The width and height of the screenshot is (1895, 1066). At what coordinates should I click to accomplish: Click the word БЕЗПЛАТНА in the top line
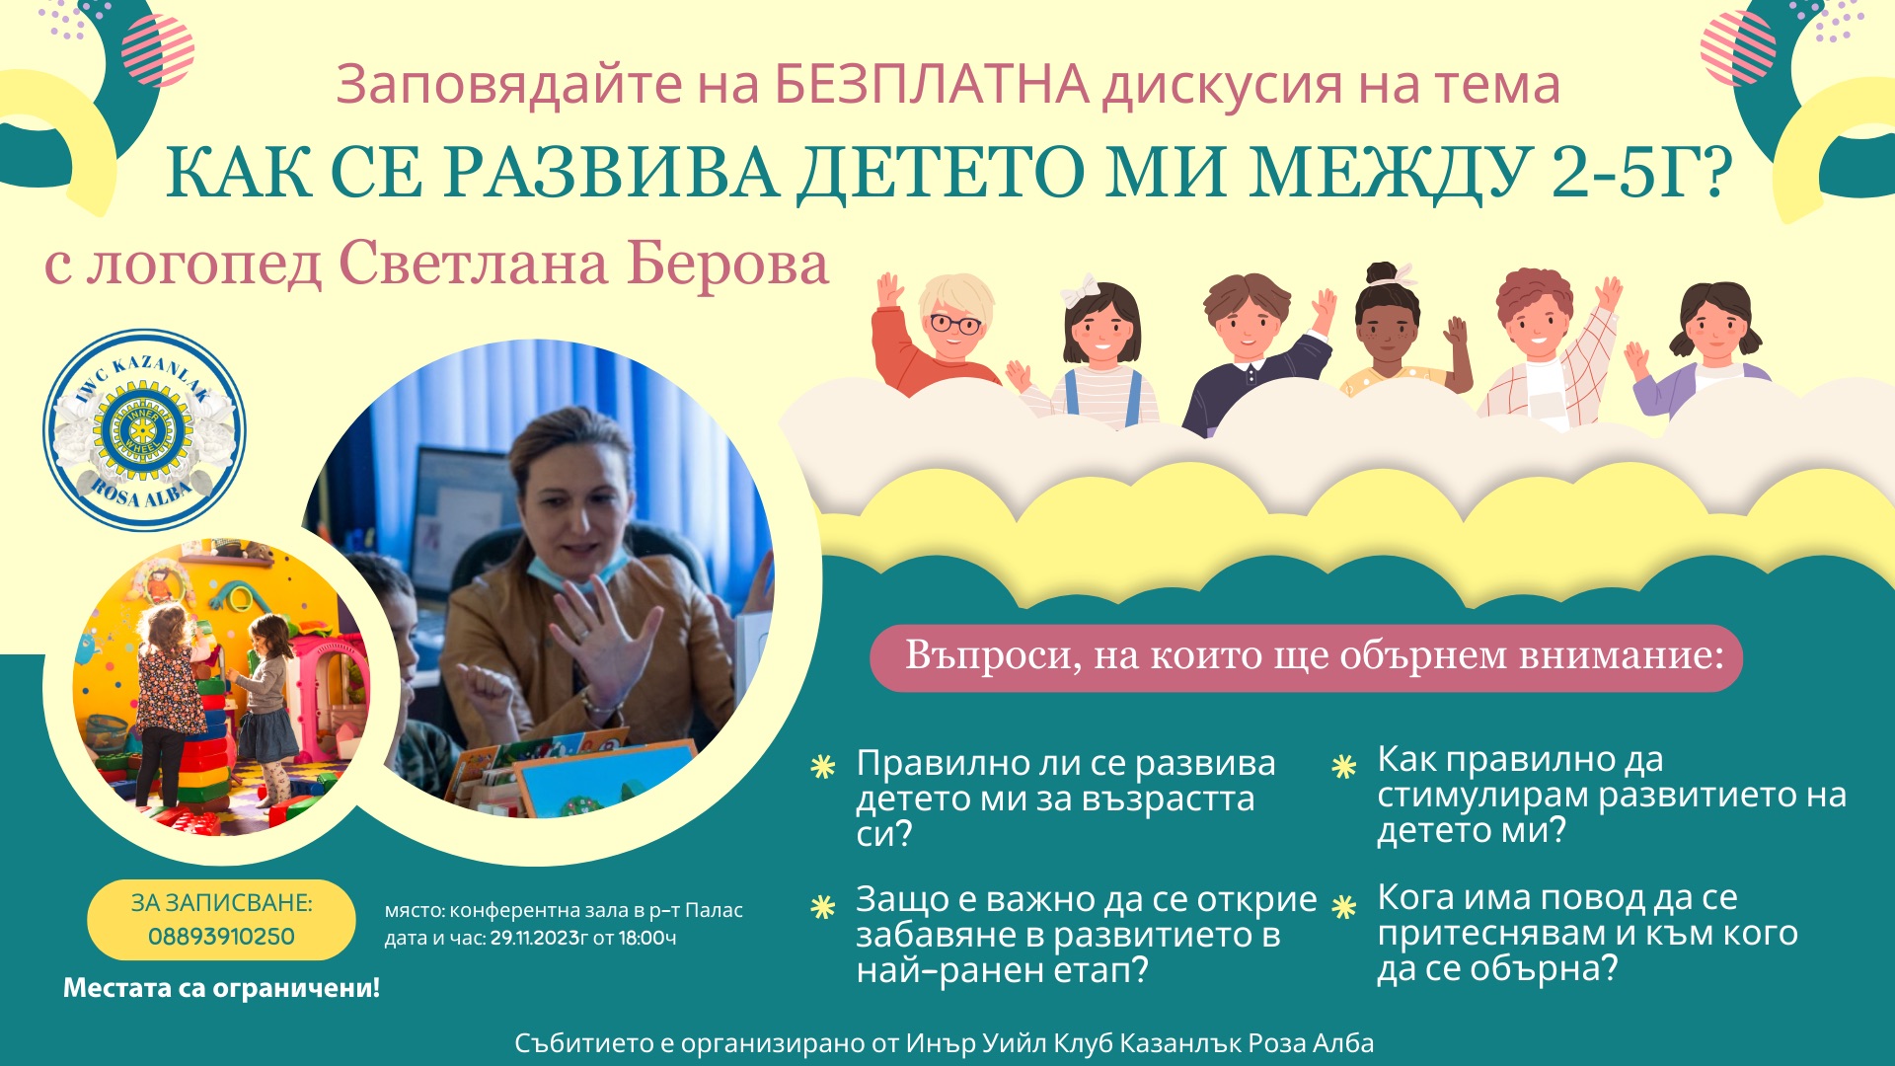[x=932, y=85]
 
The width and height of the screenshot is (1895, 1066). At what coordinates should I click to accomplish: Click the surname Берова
[x=727, y=264]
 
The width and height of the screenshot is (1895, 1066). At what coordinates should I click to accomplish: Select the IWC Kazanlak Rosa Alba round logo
[x=144, y=430]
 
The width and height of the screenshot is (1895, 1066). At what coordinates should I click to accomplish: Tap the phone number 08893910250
[x=221, y=937]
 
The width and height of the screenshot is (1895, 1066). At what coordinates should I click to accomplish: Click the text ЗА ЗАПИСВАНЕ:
[x=221, y=903]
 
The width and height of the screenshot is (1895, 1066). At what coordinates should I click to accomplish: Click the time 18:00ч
[x=647, y=938]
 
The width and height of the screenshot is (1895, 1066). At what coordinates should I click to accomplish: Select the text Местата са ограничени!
[x=221, y=988]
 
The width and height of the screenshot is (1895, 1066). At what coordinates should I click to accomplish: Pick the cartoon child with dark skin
[x=1397, y=331]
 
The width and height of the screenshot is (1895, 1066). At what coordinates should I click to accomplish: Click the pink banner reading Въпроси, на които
[x=1306, y=657]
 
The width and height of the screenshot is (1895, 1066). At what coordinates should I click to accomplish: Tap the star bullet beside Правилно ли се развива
[x=823, y=767]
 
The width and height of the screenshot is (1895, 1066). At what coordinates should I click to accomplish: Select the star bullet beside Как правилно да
[x=1344, y=766]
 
